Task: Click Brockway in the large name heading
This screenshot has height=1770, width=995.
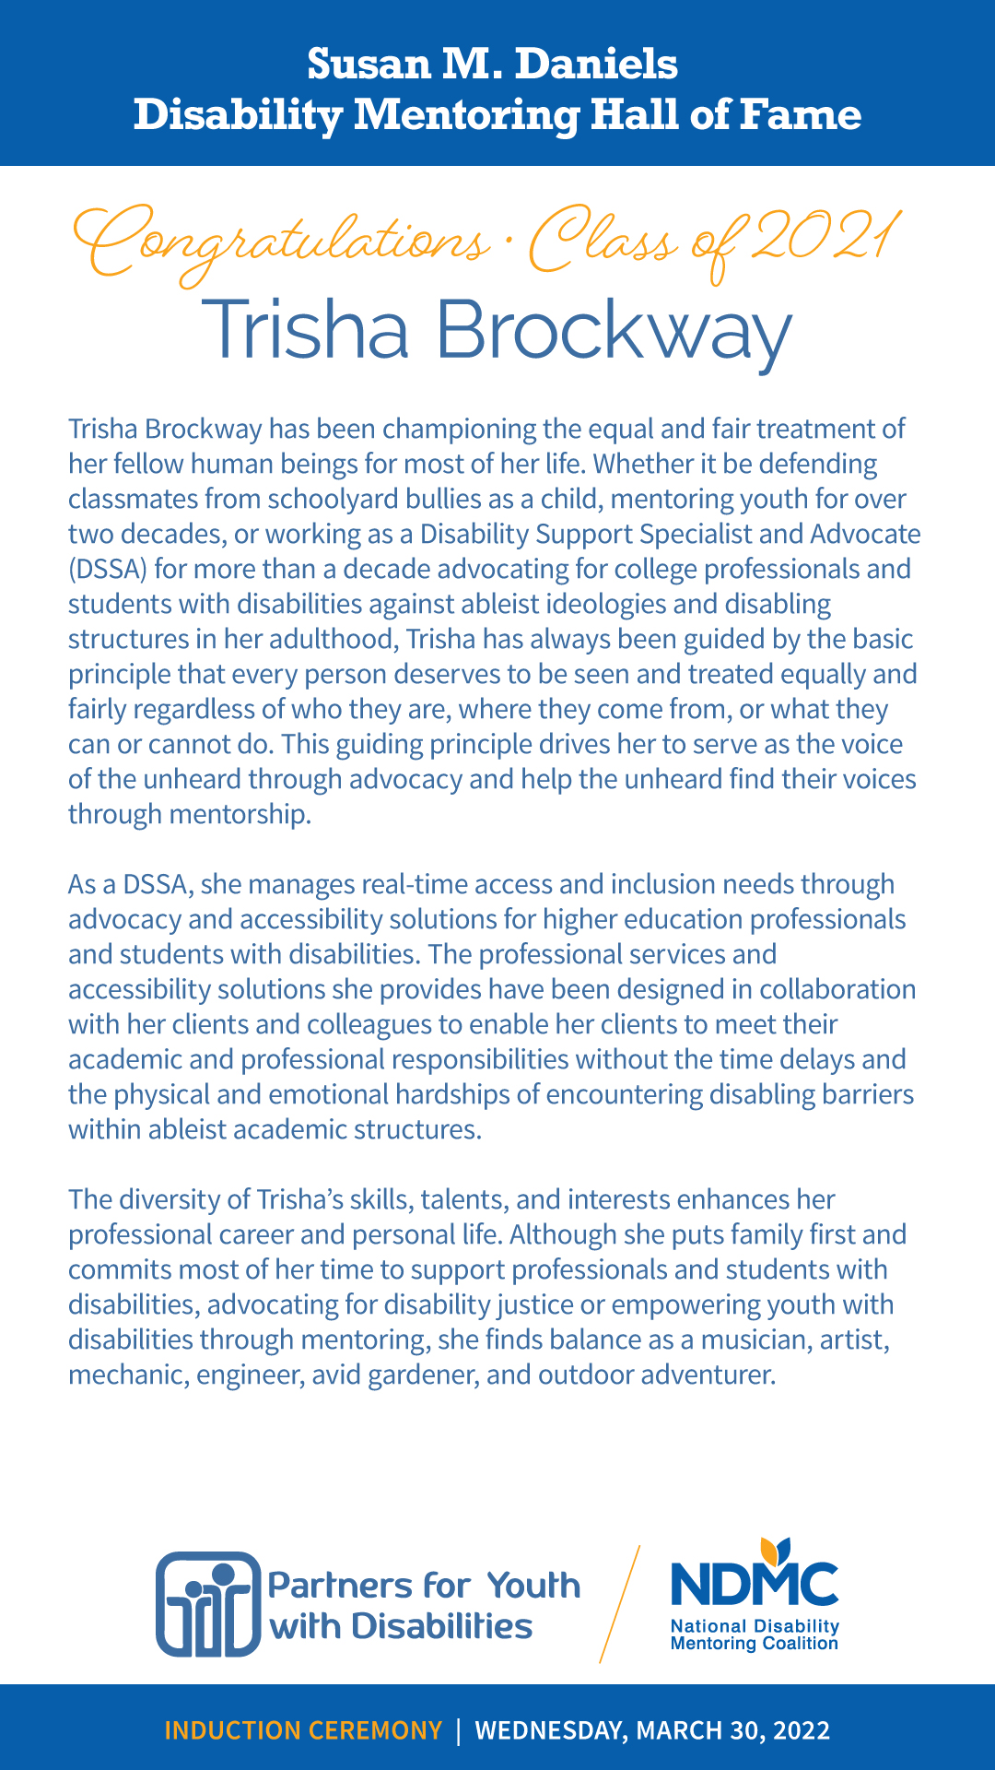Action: pyautogui.click(x=613, y=330)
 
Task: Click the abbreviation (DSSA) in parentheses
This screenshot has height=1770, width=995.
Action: pyautogui.click(x=108, y=569)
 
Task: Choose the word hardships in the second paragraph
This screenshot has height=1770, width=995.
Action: pyautogui.click(x=469, y=1094)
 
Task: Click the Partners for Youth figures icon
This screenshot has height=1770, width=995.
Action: pyautogui.click(x=208, y=1603)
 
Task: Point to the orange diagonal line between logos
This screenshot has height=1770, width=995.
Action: pyautogui.click(x=620, y=1604)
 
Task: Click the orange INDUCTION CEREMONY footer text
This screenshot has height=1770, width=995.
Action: pyautogui.click(x=303, y=1730)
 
